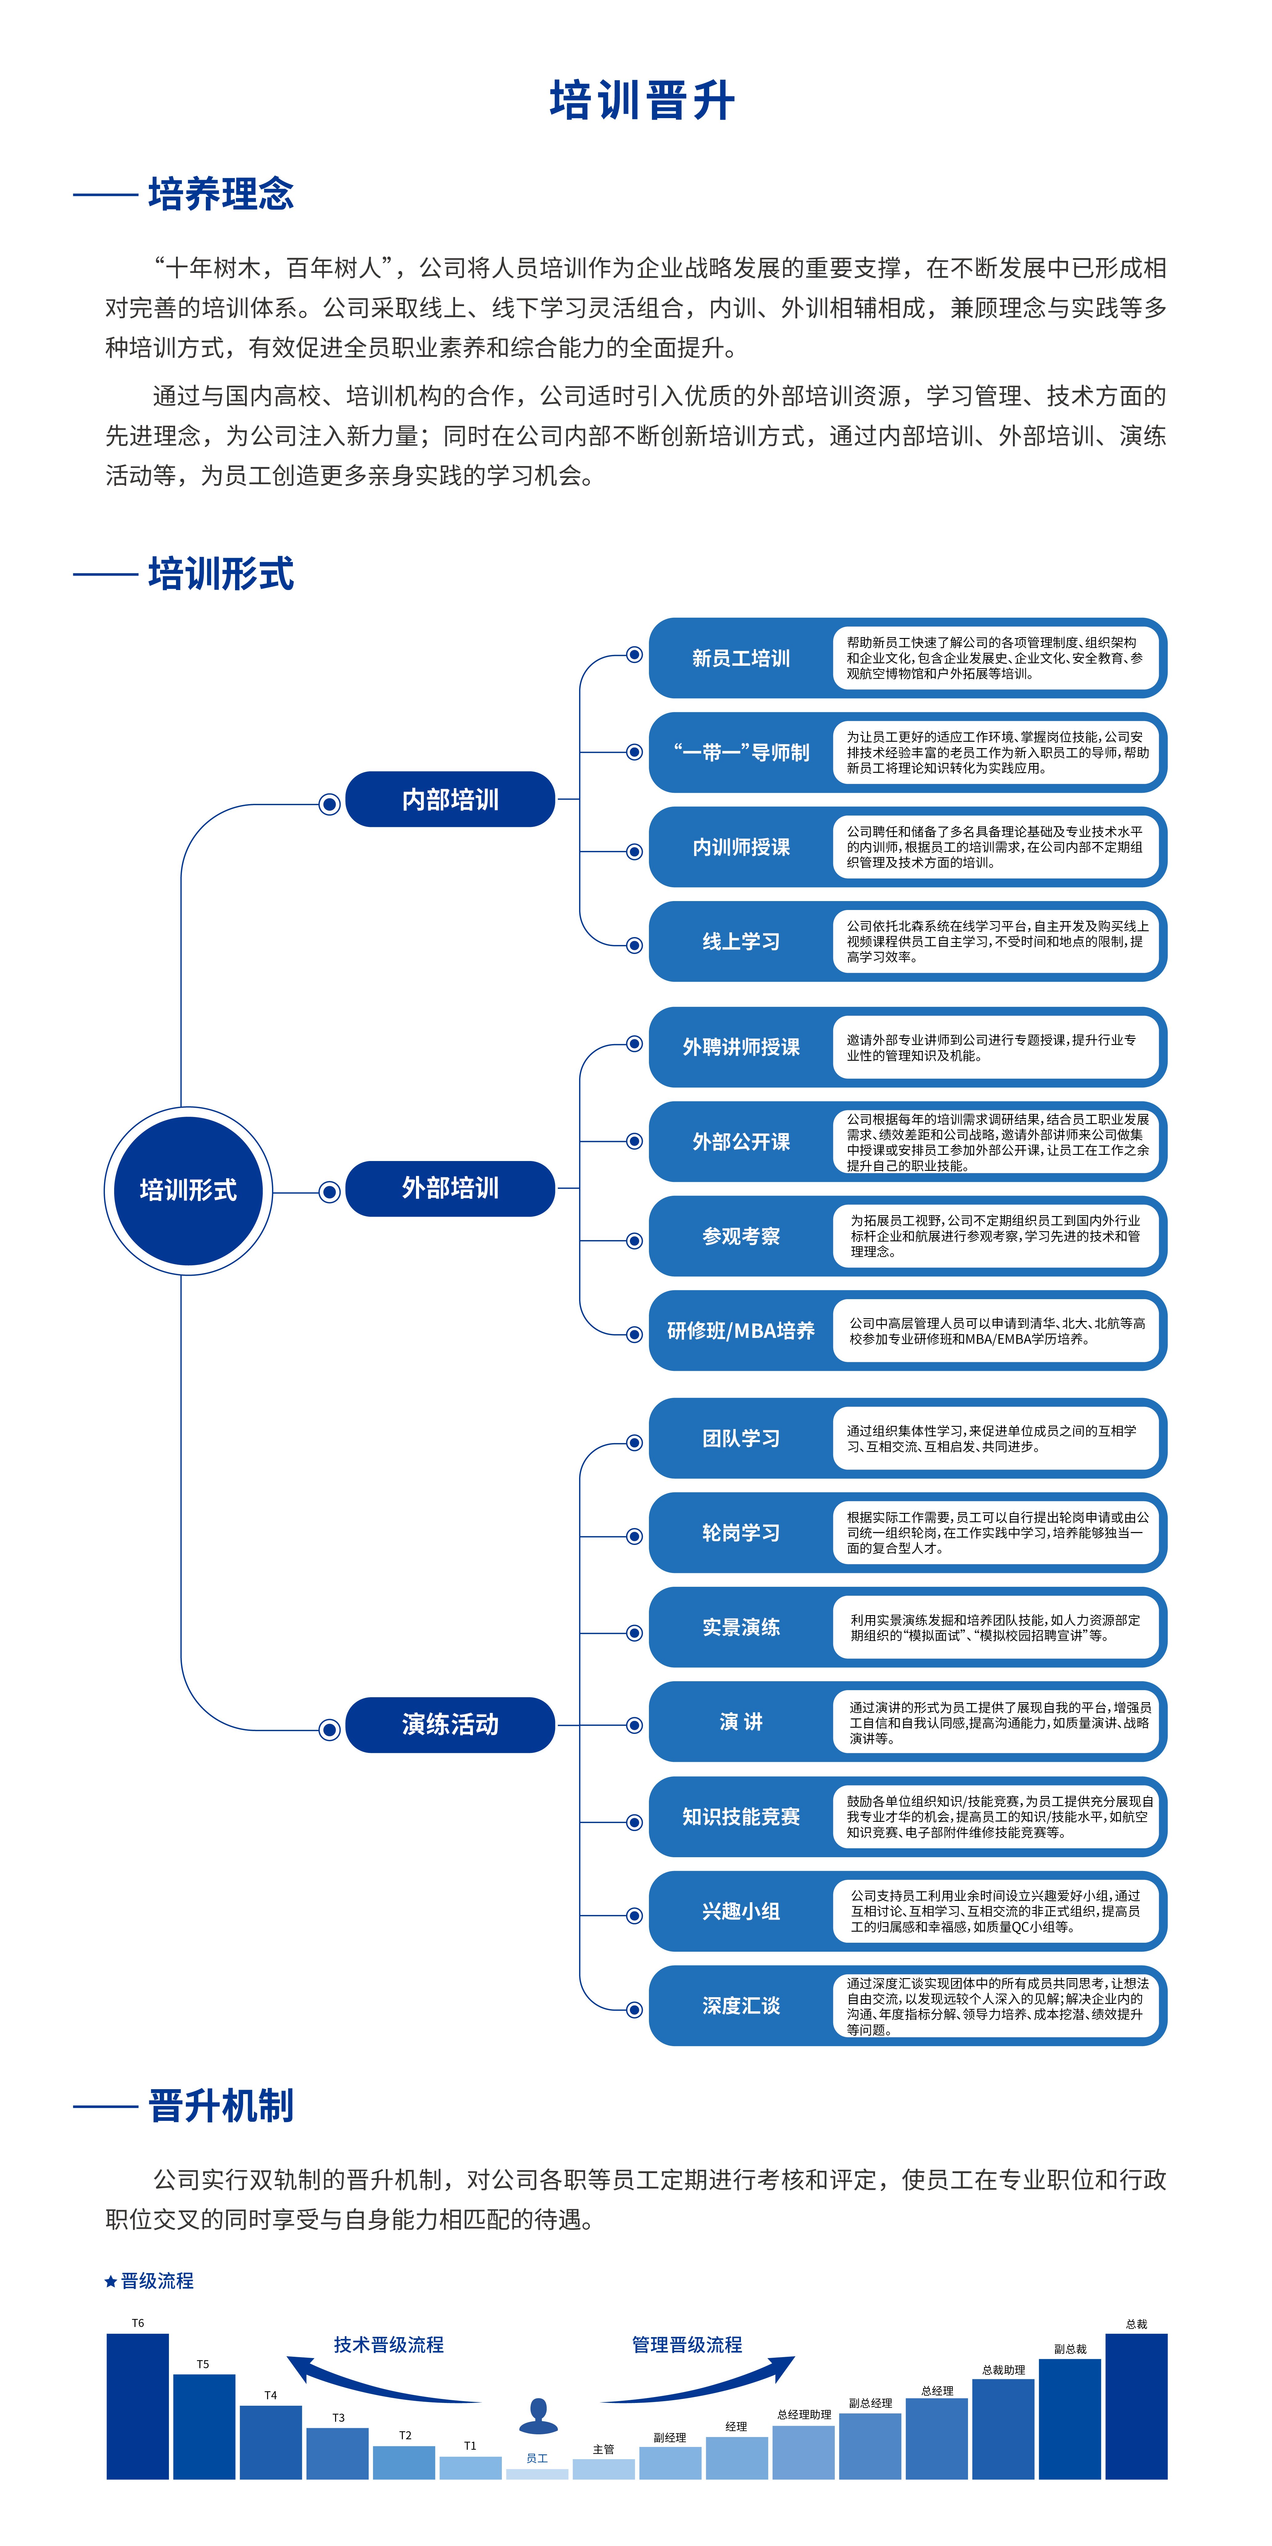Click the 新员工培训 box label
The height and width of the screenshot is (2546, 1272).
coord(741,658)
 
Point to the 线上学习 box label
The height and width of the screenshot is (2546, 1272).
coord(741,941)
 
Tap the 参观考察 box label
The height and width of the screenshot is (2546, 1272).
coord(741,1236)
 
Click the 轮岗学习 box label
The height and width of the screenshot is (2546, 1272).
coord(741,1533)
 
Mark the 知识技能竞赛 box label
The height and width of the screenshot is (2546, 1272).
coord(741,1817)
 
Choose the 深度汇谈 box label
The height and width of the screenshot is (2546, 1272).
coord(741,2005)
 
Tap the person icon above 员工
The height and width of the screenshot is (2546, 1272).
coord(538,2416)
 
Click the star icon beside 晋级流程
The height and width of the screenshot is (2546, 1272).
coord(111,2281)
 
